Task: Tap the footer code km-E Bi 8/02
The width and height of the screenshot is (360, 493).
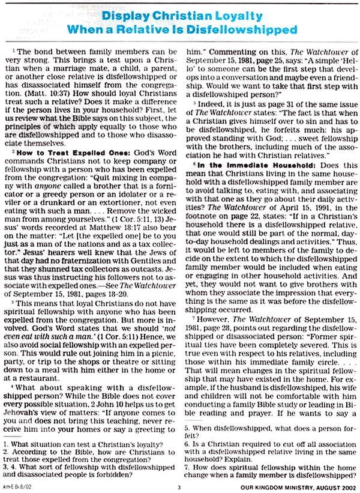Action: point(17,488)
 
